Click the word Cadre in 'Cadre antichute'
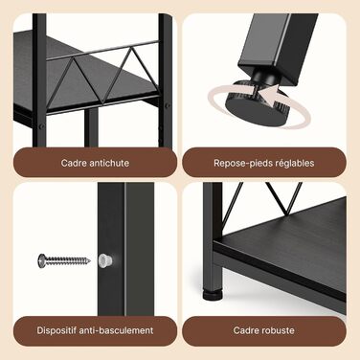pos(74,163)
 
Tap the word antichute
pos(109,163)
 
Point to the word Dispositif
pos(56,330)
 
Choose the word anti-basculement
pos(116,330)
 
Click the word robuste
pos(277,330)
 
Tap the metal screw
pos(64,260)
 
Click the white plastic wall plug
pos(105,260)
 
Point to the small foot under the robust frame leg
pos(213,295)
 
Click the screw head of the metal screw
pos(41,260)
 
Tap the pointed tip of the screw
pos(89,261)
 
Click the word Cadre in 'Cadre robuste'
pos(245,330)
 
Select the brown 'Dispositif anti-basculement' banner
pos(95,331)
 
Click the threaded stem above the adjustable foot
pos(262,79)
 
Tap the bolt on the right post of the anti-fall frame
pos(167,106)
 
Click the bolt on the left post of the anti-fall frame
pos(40,126)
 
